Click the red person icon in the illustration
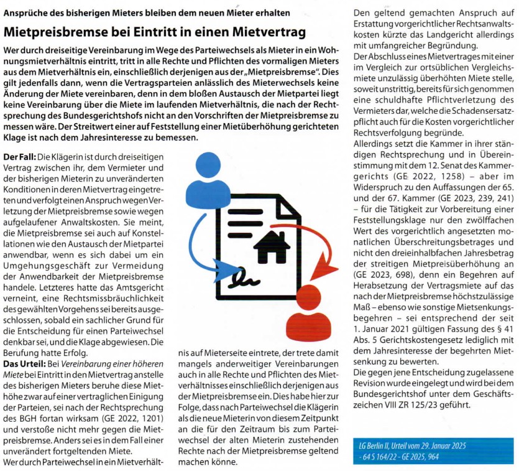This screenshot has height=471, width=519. click(311, 304)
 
